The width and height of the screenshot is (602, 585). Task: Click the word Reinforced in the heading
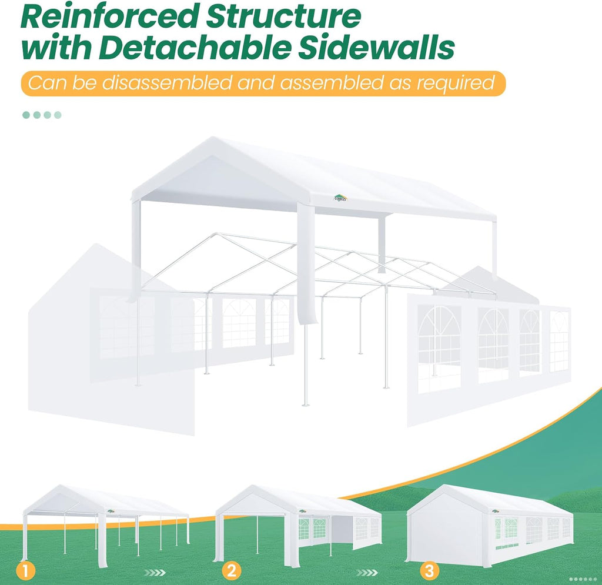(112, 16)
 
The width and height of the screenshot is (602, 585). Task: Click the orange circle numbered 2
(231, 571)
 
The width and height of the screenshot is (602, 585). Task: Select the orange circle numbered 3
(429, 571)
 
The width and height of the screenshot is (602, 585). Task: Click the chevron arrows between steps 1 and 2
(155, 573)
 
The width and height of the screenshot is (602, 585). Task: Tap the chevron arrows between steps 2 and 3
(367, 573)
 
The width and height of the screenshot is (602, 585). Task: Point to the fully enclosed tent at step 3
(490, 524)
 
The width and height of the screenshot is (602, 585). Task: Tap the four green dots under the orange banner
(42, 115)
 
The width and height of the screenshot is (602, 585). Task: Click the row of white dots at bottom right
(583, 579)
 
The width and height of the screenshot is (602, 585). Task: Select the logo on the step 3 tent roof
(496, 511)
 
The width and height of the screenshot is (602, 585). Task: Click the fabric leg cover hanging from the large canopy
(306, 265)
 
